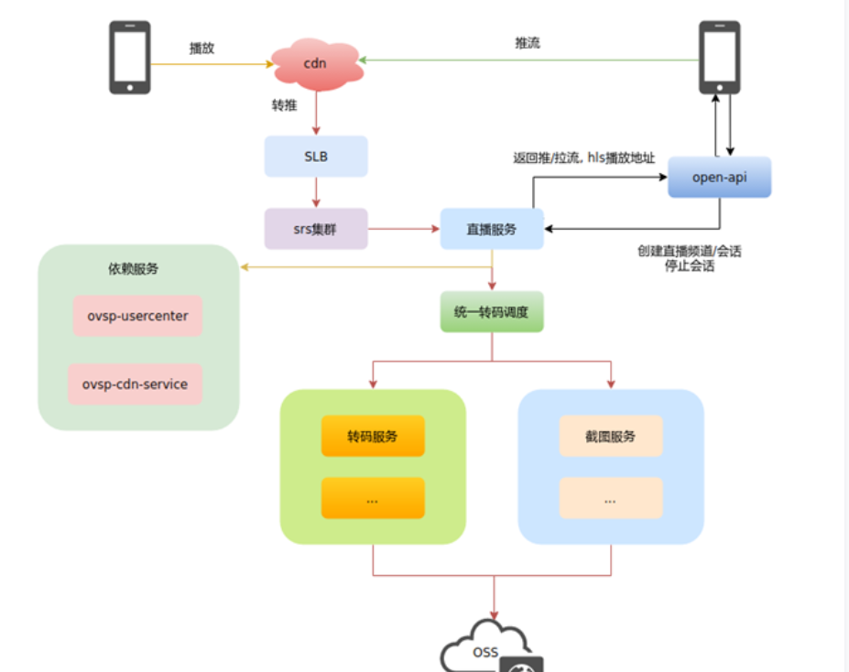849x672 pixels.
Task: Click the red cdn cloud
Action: (316, 63)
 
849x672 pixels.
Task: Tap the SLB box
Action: (316, 157)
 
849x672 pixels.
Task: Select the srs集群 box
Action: (316, 229)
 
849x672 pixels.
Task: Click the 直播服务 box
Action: (492, 229)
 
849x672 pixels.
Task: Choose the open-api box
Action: (719, 177)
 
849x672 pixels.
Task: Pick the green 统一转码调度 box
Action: (492, 312)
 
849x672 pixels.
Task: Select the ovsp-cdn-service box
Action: (136, 385)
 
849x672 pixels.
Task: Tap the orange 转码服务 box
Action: (373, 436)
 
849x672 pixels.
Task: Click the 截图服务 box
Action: (611, 436)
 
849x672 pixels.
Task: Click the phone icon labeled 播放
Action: (130, 58)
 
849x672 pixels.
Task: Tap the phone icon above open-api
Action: (719, 58)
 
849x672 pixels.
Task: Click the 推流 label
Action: (528, 43)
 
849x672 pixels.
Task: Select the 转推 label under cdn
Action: (284, 106)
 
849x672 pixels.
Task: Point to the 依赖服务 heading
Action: (133, 269)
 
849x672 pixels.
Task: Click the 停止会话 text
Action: (689, 267)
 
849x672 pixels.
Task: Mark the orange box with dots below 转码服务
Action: (373, 498)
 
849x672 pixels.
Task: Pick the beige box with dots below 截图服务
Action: (611, 498)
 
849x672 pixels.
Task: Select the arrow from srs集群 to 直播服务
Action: (403, 229)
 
